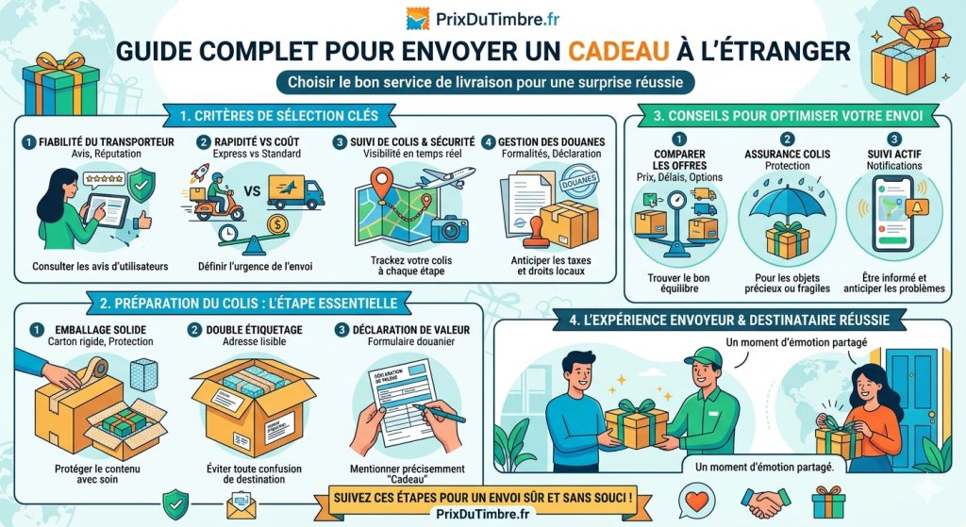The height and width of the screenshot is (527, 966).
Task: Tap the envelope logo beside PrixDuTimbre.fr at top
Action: tap(417, 17)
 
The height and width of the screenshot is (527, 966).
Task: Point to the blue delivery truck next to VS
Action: tap(295, 191)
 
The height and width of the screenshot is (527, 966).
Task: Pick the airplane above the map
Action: tap(445, 177)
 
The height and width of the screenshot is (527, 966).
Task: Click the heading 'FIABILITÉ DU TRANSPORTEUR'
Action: tap(107, 142)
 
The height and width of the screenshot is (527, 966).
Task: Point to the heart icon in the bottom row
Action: tap(697, 500)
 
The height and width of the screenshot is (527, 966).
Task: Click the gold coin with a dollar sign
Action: tap(277, 224)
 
